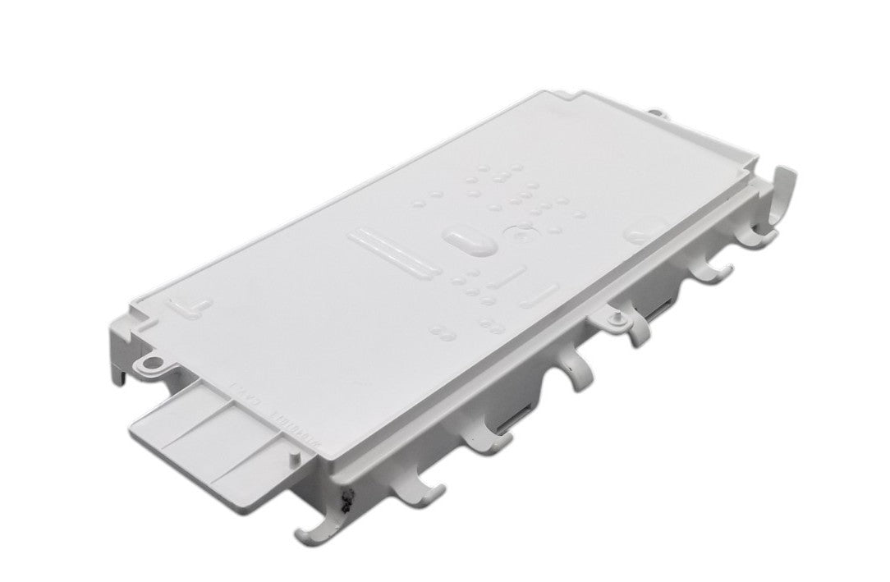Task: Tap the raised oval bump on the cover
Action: click(467, 240)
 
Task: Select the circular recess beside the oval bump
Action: click(519, 235)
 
